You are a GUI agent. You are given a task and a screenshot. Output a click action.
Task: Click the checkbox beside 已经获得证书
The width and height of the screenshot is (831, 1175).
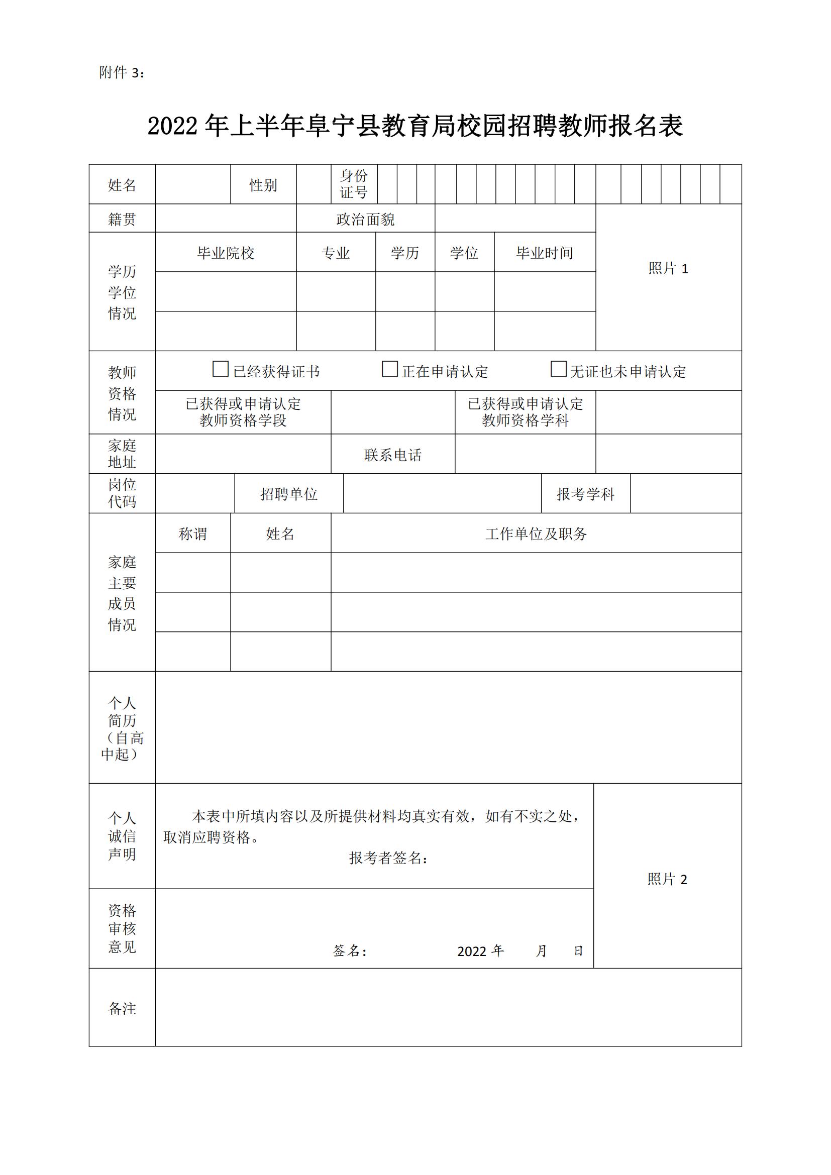[220, 369]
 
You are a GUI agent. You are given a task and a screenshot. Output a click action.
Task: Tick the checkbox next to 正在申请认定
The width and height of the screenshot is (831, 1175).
[389, 369]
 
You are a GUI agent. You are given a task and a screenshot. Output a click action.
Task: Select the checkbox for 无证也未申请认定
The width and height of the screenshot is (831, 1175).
[558, 369]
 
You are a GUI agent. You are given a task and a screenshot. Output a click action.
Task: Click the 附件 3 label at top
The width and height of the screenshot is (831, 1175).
[122, 73]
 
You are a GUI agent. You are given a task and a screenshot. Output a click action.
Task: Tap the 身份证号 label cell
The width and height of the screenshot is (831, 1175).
[354, 184]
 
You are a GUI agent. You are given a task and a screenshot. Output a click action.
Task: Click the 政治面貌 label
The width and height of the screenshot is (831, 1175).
[365, 219]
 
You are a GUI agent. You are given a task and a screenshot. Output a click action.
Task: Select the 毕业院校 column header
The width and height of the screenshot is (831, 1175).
[226, 253]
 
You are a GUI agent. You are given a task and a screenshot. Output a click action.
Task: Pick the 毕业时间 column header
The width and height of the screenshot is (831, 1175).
[545, 253]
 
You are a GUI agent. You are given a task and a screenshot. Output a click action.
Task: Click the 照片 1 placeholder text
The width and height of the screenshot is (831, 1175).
[668, 268]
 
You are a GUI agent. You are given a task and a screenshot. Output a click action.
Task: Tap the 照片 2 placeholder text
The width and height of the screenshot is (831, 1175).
[667, 879]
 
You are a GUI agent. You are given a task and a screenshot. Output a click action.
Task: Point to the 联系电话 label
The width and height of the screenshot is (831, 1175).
[392, 455]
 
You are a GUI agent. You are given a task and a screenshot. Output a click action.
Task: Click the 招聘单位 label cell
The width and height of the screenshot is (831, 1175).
[288, 494]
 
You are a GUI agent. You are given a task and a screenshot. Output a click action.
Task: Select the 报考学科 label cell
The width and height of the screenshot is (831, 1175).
[585, 494]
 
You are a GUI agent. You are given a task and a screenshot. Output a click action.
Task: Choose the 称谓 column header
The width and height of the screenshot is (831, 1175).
[192, 534]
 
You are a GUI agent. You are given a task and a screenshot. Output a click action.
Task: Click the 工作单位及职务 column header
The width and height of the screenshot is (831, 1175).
[536, 534]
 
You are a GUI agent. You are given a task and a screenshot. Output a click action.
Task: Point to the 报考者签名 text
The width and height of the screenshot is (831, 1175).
[388, 858]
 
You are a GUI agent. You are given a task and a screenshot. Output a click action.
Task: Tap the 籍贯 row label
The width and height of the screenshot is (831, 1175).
[122, 219]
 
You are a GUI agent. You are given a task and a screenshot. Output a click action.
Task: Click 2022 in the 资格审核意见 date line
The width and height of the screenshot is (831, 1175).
[471, 951]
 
